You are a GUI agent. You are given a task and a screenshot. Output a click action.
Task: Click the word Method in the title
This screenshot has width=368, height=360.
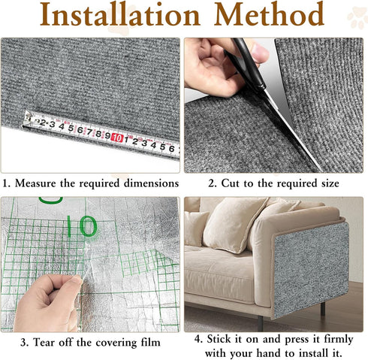[x=272, y=17]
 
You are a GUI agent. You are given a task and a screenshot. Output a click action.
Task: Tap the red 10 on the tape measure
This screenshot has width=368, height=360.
[x=117, y=138]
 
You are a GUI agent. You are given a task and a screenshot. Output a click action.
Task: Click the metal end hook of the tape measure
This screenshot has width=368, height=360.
[x=29, y=119]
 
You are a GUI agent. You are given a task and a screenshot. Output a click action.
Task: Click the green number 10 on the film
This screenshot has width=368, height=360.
[x=86, y=225]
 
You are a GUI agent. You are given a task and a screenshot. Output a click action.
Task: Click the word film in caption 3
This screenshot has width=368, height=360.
[x=147, y=343]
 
